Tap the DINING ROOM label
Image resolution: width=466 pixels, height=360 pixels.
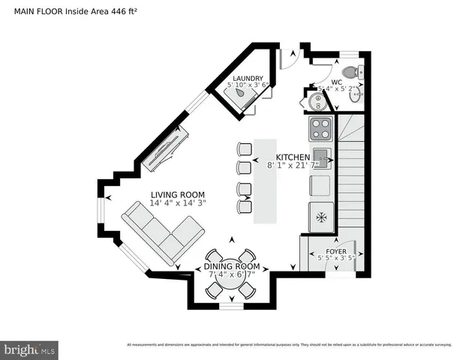point(232,266)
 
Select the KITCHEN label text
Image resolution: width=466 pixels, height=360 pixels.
point(292,157)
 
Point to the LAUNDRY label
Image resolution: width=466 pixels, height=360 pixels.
point(247,78)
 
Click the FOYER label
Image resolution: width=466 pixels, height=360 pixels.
point(335,252)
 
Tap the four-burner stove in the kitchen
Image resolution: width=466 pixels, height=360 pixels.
point(321,129)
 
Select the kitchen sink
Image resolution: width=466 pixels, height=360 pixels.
point(321,157)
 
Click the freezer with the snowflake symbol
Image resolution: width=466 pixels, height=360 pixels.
point(321,217)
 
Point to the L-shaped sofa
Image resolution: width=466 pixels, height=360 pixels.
point(162,232)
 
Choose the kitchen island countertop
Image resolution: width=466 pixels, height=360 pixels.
point(265,181)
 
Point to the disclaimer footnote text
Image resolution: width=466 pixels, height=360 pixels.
point(289,344)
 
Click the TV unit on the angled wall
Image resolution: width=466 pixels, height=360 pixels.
point(166,149)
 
